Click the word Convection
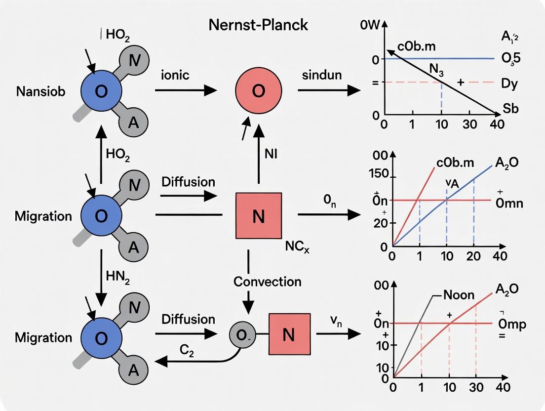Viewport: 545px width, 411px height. pyautogui.click(x=267, y=282)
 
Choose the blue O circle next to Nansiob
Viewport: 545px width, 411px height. pyautogui.click(x=101, y=92)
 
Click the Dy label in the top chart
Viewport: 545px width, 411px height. pyautogui.click(x=509, y=83)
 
